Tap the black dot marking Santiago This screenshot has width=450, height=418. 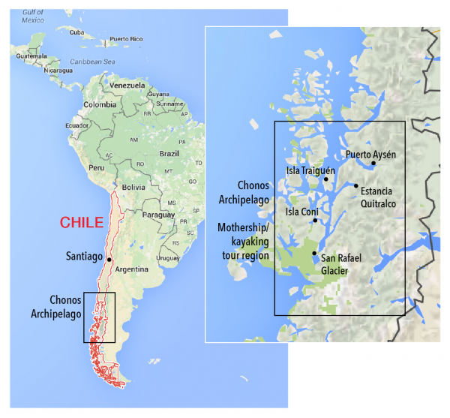pyautogui.click(x=109, y=260)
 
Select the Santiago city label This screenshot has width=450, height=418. pyautogui.click(x=84, y=257)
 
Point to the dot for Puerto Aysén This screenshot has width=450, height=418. pyautogui.click(x=373, y=163)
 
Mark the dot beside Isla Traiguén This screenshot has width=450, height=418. pyautogui.click(x=326, y=179)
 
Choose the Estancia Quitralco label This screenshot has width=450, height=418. pyautogui.click(x=378, y=197)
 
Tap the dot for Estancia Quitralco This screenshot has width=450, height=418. pyautogui.click(x=355, y=185)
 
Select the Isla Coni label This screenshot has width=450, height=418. pyautogui.click(x=301, y=212)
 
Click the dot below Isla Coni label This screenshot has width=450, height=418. pyautogui.click(x=315, y=221)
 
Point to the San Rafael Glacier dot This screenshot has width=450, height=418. pyautogui.click(x=313, y=254)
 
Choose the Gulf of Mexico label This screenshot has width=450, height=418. pyautogui.click(x=34, y=17)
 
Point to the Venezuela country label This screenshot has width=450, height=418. pyautogui.click(x=126, y=86)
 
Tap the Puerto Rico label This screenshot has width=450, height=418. pyautogui.click(x=125, y=38)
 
